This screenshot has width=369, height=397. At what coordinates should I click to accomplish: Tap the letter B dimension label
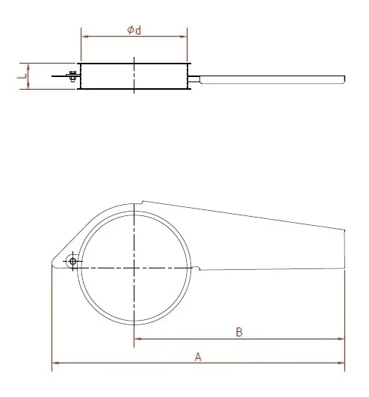tap(238, 331)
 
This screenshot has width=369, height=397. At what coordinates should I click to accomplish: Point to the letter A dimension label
tap(198, 357)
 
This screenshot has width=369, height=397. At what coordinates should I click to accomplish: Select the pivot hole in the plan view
tap(72, 261)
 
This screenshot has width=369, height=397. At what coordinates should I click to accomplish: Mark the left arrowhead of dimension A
tap(55, 365)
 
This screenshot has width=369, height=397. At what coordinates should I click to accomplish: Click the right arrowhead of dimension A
tap(342, 365)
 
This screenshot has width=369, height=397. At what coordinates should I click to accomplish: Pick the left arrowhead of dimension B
tap(137, 339)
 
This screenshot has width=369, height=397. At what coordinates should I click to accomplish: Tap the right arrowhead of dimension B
tap(342, 339)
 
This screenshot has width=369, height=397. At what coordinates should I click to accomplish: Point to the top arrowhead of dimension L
tap(28, 65)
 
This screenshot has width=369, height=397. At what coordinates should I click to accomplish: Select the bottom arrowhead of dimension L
tap(28, 87)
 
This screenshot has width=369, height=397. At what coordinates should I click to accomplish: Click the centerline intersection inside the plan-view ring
tap(134, 267)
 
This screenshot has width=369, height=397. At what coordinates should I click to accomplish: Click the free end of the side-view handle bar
tap(344, 78)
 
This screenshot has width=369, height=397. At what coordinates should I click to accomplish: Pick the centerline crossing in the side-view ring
tap(134, 76)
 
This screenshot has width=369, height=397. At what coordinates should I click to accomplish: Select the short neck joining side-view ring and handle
tap(194, 78)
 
